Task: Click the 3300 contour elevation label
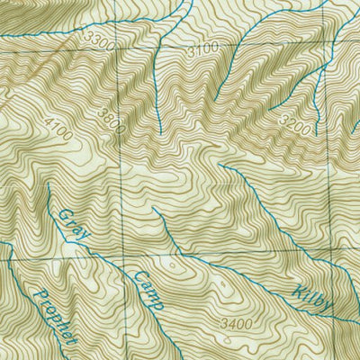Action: (105, 42)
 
